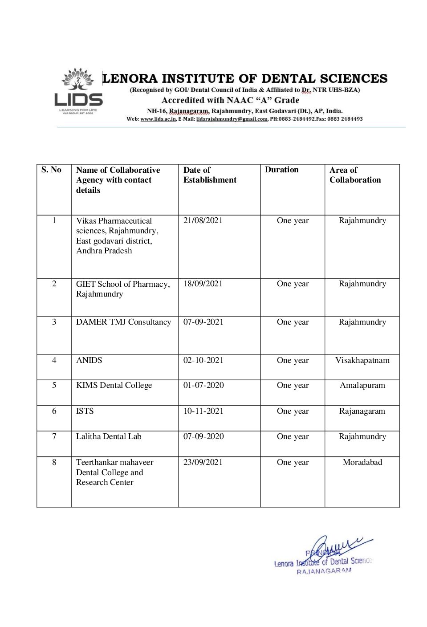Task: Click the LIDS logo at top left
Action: click(79, 91)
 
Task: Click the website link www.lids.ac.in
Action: click(158, 119)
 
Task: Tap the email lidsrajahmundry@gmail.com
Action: click(232, 119)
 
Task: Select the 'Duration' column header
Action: click(281, 170)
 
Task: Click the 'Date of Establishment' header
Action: click(210, 175)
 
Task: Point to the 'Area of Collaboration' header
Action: click(355, 175)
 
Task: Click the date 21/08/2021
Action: click(203, 220)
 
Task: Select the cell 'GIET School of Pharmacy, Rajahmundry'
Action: click(123, 289)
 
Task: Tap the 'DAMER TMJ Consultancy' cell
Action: click(123, 322)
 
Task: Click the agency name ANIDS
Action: click(89, 360)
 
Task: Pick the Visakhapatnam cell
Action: click(362, 360)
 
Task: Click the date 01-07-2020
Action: click(203, 385)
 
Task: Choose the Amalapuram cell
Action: click(362, 385)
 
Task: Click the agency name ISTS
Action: click(85, 411)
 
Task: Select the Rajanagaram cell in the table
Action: click(362, 411)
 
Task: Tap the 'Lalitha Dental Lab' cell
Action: click(109, 436)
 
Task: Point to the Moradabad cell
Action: click(362, 462)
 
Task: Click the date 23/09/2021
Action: click(203, 462)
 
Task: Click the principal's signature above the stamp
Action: click(338, 546)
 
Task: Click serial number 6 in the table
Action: click(54, 411)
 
